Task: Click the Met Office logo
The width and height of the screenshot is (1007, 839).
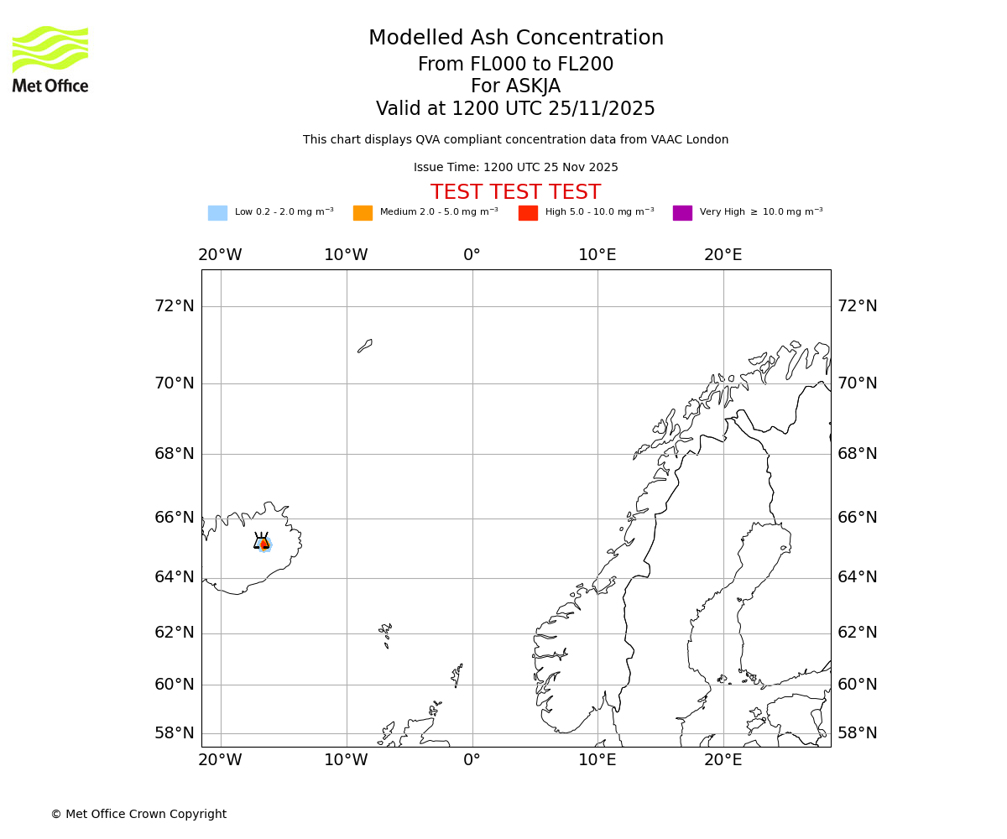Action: point(50,59)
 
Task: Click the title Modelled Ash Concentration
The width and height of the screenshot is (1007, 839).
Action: point(515,38)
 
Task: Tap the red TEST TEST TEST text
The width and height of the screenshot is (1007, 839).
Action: point(515,192)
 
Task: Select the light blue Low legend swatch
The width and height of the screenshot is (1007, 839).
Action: point(217,212)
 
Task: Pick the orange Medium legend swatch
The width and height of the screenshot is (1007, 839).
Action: point(363,212)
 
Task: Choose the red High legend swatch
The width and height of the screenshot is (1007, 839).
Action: point(528,212)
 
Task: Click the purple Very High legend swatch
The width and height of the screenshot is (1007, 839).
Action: point(682,212)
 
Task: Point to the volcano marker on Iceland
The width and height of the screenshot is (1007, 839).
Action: point(262,542)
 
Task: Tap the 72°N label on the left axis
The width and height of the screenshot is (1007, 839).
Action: point(175,305)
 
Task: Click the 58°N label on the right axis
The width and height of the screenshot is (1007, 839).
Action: point(858,732)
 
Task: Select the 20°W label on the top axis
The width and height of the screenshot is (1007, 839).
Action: point(220,254)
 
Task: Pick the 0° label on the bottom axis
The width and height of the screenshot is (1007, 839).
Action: point(472,760)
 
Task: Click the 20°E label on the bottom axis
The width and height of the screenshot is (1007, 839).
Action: point(723,760)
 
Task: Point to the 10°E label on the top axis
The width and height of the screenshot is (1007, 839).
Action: point(597,254)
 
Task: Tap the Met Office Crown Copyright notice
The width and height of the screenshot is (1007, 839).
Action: point(138,814)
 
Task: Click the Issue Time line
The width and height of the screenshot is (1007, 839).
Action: point(515,167)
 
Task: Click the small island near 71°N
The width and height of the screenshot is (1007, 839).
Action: point(365,346)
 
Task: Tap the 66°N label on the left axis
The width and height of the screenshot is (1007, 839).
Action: point(175,517)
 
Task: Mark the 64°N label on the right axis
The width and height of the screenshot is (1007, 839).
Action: point(858,576)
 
